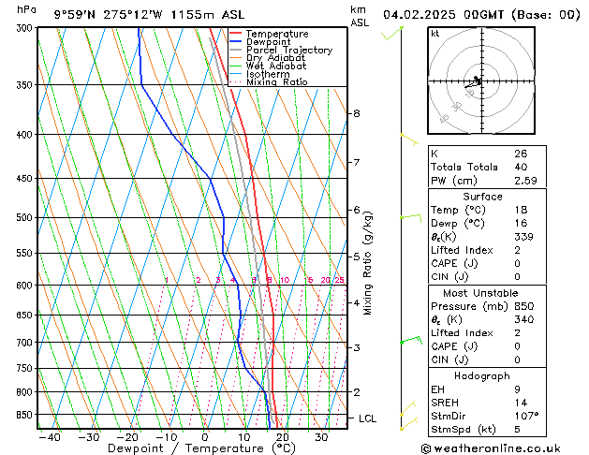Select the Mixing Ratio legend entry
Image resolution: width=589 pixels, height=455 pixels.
276,82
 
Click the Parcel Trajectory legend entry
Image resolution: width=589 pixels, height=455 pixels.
288,51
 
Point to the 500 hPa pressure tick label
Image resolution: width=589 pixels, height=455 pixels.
22,217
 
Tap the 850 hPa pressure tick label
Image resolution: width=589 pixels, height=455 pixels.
22,415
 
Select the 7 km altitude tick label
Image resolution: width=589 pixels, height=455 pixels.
356,163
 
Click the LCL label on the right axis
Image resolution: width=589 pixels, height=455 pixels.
367,418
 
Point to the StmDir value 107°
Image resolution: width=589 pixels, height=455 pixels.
526,416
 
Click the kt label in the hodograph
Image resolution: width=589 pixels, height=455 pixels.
435,33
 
